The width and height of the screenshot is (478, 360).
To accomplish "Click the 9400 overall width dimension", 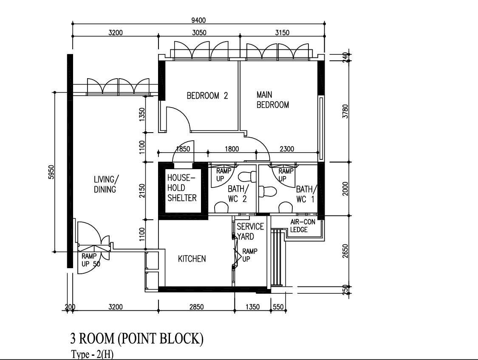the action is point(198,20).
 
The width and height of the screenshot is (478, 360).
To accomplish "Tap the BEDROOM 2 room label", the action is point(207,96).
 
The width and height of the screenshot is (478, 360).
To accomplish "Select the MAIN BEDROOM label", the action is point(272,100).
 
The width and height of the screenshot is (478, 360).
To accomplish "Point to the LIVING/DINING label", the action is point(105,184).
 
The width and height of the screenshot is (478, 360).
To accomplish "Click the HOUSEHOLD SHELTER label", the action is point(182,188).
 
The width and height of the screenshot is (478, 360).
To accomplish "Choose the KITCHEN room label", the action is point(192,259).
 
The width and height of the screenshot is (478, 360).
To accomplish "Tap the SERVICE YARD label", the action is point(250,231).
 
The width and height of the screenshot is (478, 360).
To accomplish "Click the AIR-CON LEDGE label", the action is point(303,226).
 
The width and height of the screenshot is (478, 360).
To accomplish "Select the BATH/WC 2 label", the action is point(238,194).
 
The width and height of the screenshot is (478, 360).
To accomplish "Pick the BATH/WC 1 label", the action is point(306,194).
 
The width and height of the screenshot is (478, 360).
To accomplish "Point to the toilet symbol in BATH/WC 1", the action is point(267,191).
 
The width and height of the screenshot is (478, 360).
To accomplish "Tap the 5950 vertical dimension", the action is point(51,172).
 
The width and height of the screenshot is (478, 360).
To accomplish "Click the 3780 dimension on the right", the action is point(345,111).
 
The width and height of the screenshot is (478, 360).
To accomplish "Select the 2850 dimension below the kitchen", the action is point(197,306).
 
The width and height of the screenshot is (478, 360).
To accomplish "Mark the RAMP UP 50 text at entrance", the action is point(91,260).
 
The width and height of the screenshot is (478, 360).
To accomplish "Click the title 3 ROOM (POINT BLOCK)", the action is point(137,338).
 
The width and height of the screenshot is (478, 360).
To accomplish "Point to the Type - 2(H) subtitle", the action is point(92,354).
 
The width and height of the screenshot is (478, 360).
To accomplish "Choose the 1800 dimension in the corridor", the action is point(232,149).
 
